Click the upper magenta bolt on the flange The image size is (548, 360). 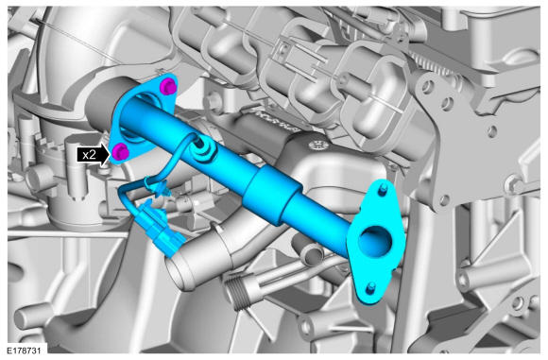168,86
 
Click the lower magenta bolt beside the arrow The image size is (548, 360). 120,151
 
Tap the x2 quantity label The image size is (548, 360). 89,154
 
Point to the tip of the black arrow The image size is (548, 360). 110,154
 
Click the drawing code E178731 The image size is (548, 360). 25,351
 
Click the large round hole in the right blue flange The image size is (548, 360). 375,240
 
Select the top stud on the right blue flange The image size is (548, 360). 382,191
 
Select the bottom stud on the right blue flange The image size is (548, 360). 371,288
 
